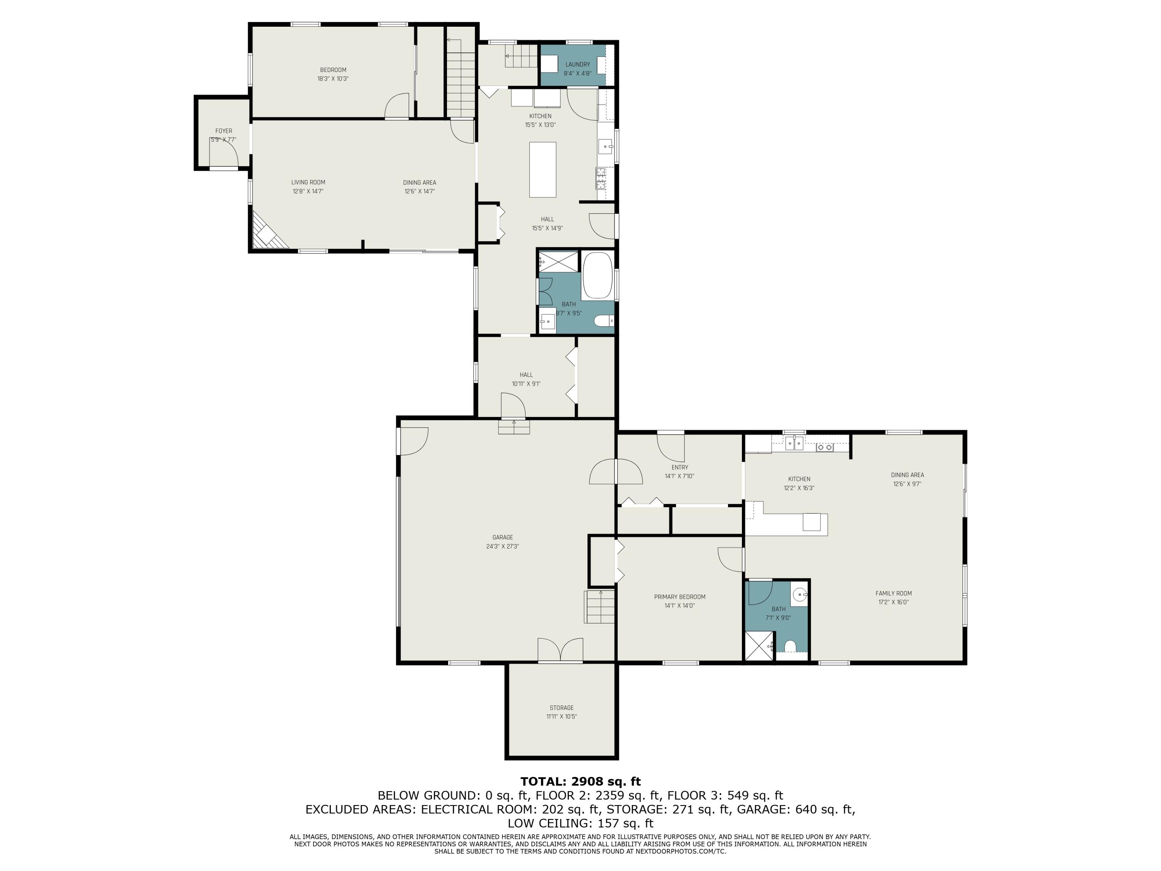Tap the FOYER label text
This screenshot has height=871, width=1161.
click(x=224, y=131)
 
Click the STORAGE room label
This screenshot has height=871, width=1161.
click(x=562, y=708)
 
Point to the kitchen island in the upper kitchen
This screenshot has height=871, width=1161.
click(x=542, y=170)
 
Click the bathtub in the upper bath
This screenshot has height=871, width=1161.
click(x=597, y=276)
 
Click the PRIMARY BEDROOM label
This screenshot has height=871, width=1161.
click(x=680, y=597)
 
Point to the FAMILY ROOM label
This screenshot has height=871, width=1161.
click(x=893, y=593)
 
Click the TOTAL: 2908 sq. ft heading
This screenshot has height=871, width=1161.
click(x=580, y=782)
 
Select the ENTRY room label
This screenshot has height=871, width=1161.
click(x=680, y=467)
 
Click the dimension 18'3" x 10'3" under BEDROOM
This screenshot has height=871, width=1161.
click(x=333, y=79)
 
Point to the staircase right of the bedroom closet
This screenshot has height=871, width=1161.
click(x=461, y=79)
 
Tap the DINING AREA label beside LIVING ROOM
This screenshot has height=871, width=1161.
click(x=420, y=183)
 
